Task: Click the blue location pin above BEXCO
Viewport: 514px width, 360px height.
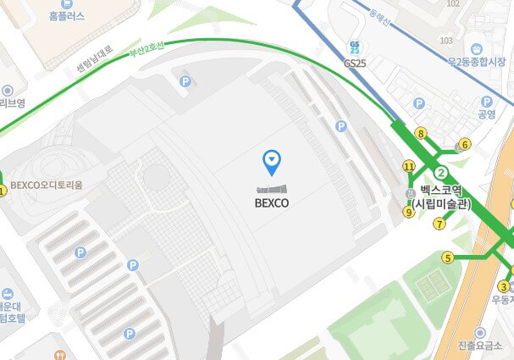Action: click(271, 158)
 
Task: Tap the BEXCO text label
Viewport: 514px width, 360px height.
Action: click(271, 203)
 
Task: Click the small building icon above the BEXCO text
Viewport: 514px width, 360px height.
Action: click(271, 189)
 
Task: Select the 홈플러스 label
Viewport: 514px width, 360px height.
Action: click(67, 16)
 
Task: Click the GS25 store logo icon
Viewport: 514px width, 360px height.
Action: click(354, 47)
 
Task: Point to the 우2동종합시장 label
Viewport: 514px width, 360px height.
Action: click(479, 61)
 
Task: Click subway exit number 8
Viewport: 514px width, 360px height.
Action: click(420, 133)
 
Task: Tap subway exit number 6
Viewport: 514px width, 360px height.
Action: click(465, 144)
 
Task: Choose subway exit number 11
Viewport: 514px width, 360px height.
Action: click(409, 167)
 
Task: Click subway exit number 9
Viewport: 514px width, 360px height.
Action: click(409, 213)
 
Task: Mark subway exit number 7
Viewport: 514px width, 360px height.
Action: click(439, 224)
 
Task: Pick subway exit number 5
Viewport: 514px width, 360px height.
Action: click(448, 257)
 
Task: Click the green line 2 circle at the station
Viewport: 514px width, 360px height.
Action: click(440, 173)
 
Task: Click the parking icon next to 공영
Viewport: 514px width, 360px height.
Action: click(418, 103)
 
